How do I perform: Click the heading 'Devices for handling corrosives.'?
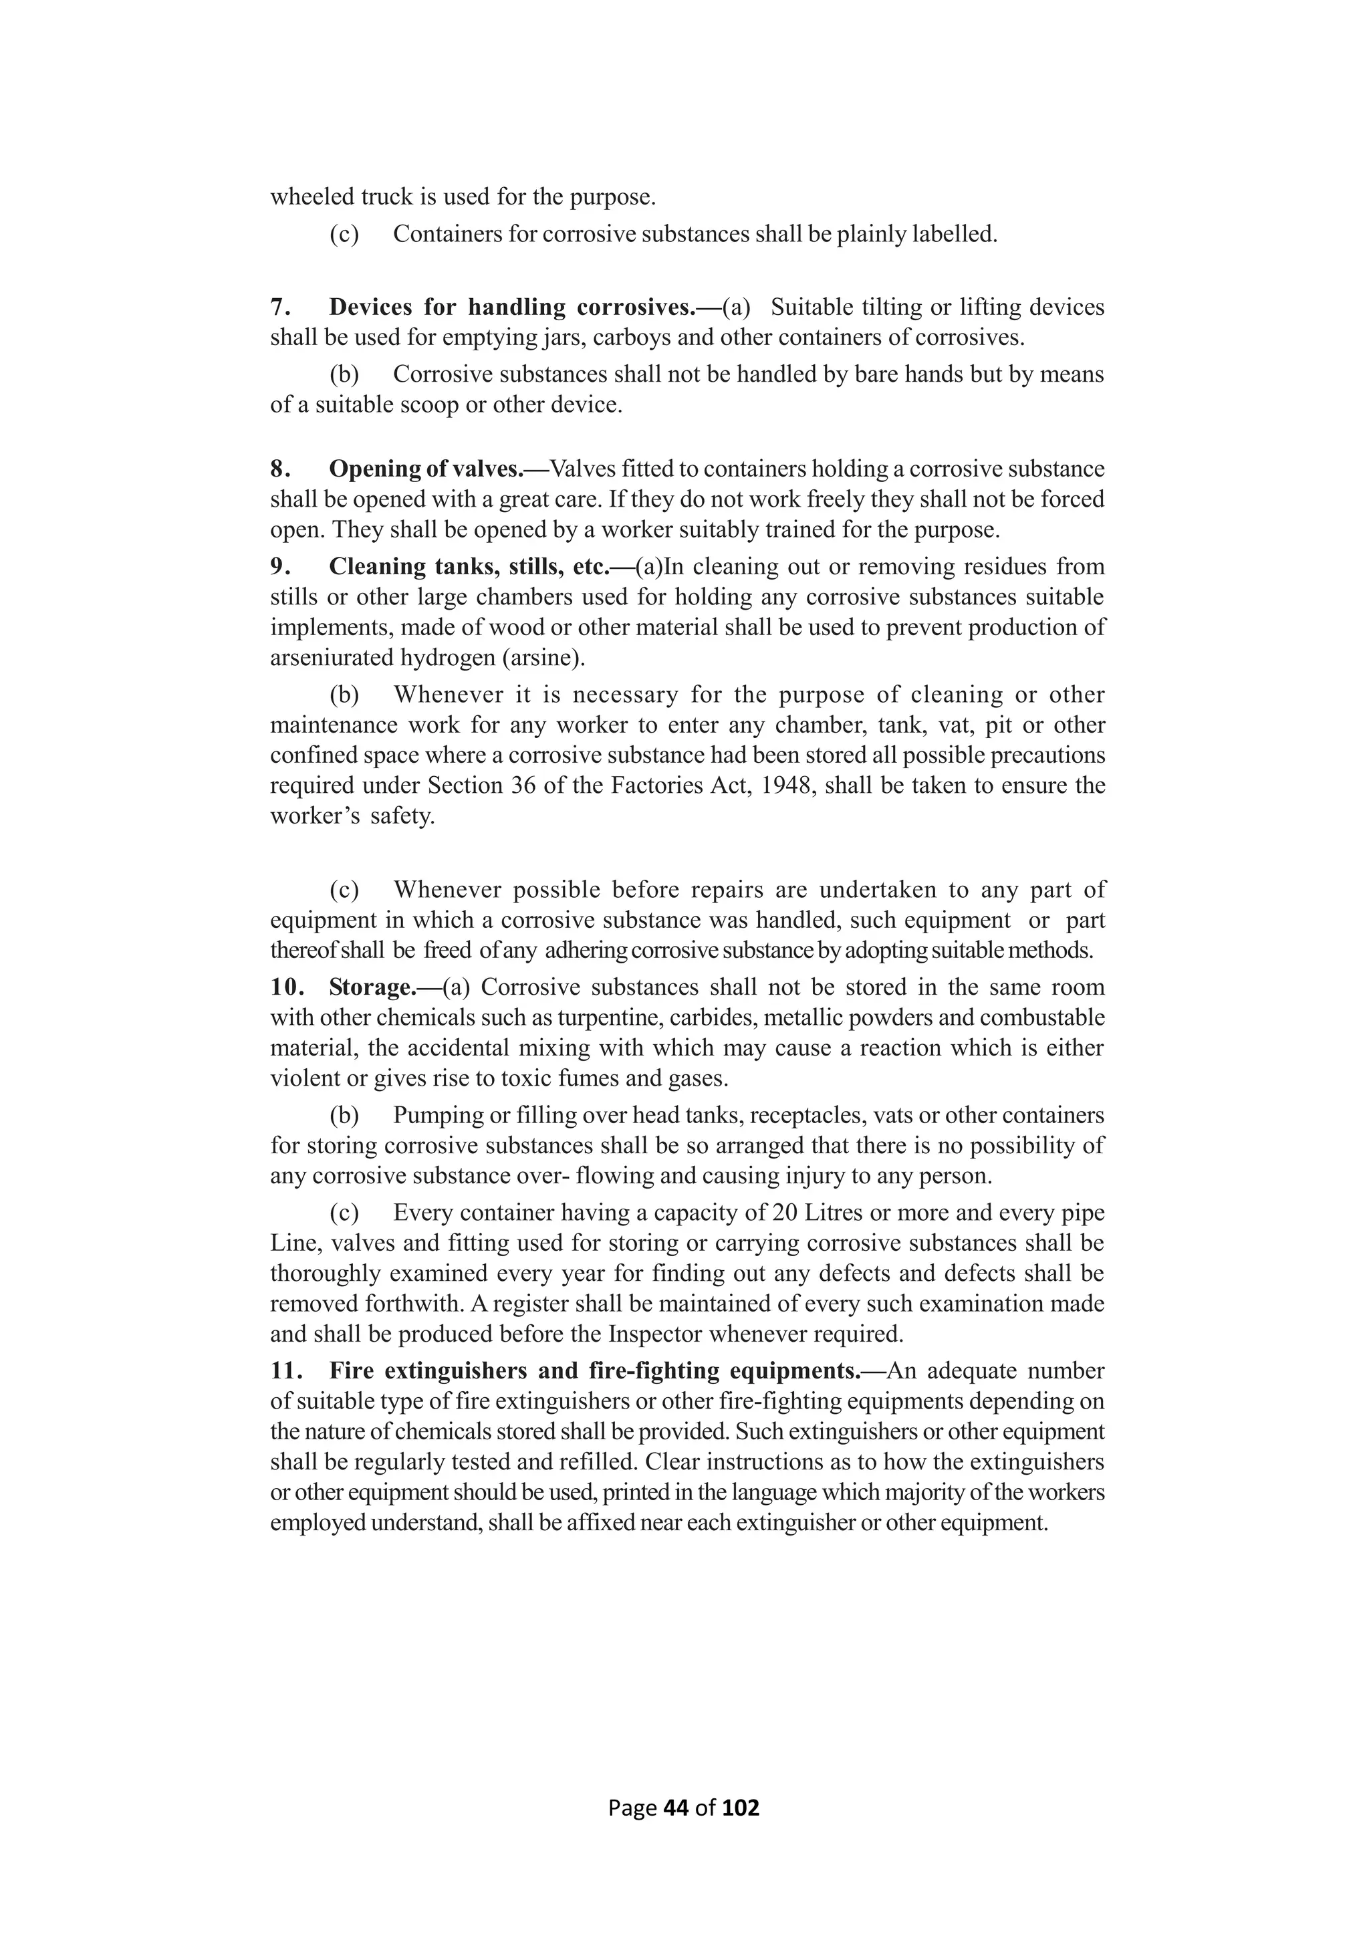pos(524,307)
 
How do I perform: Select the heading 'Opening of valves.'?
pos(439,469)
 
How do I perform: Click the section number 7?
pos(279,307)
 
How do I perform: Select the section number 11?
pos(287,1371)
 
